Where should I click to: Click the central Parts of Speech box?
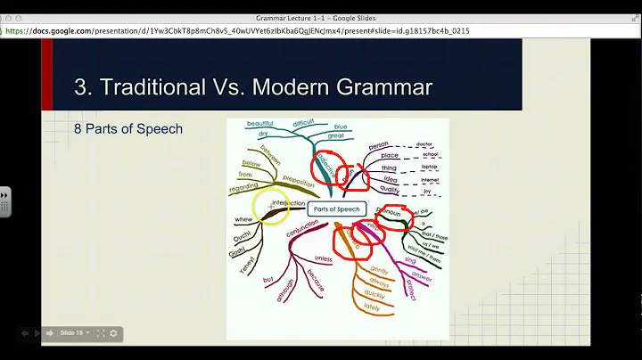point(336,209)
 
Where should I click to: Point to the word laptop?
point(430,167)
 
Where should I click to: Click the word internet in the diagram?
point(431,178)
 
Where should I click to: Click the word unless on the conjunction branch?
point(323,259)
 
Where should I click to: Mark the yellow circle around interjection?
point(271,206)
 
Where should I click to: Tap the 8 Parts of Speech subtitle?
point(128,128)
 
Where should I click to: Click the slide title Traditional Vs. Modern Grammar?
point(253,86)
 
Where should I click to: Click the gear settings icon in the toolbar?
point(113,333)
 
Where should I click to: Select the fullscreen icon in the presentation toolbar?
point(100,333)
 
